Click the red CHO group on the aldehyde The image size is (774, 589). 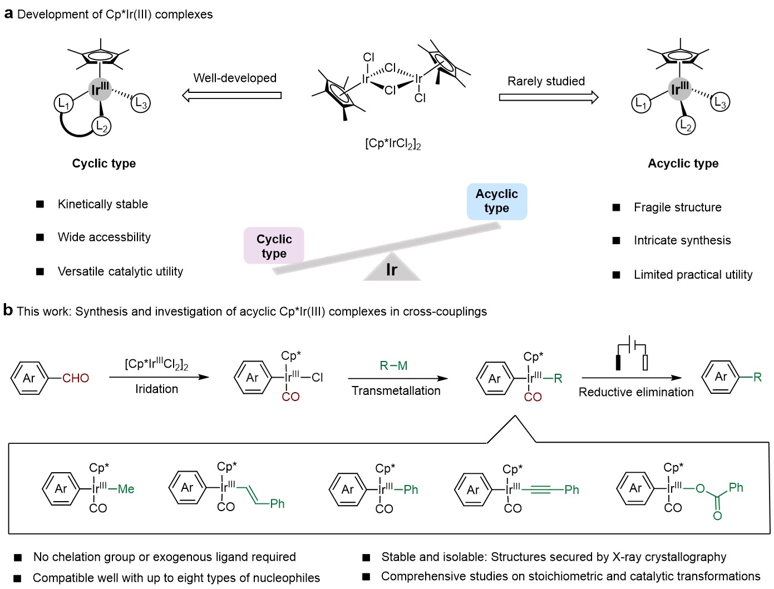(76, 378)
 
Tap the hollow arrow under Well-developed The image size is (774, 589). (232, 96)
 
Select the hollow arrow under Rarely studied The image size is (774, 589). (549, 98)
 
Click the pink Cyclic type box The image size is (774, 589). (274, 246)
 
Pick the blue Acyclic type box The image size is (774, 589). (496, 201)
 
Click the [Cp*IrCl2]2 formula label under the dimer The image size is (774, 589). (393, 143)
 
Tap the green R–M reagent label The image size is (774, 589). (393, 365)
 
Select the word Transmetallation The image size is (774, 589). (396, 391)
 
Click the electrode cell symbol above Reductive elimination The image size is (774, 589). (632, 354)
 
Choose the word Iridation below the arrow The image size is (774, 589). (156, 389)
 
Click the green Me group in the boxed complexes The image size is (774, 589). (126, 489)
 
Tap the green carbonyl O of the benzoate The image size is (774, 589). (717, 516)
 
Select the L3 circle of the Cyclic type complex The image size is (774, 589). (141, 103)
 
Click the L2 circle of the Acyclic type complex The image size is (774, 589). (686, 126)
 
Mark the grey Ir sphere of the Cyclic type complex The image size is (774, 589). (100, 90)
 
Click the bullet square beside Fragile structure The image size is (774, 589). (616, 207)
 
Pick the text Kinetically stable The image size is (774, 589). (103, 204)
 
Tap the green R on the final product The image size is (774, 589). (757, 377)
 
